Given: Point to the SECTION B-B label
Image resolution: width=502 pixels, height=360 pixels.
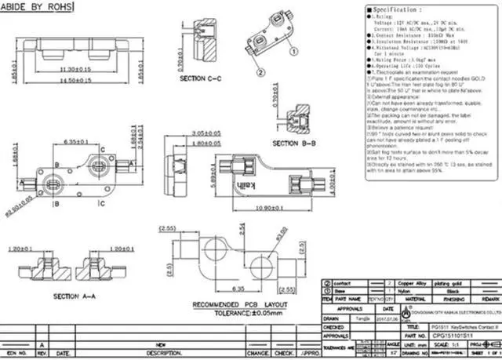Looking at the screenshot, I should coord(295,144).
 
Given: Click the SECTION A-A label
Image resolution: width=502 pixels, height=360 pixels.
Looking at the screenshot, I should coord(73,296).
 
